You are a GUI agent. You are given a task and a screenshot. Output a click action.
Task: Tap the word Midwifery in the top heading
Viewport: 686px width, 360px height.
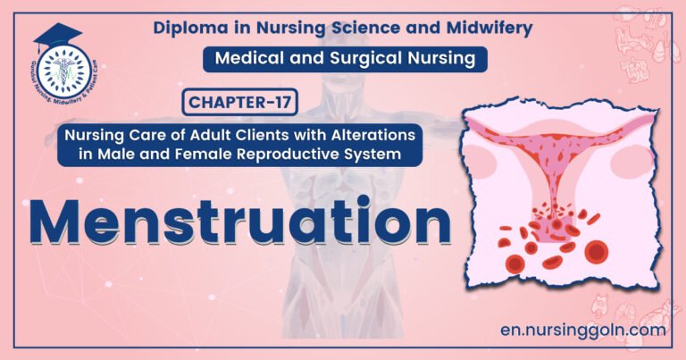[490, 27]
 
